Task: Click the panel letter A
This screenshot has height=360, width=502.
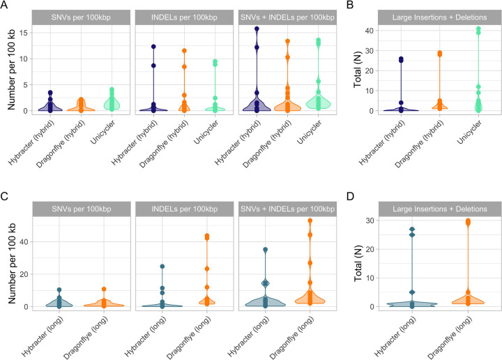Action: [5, 6]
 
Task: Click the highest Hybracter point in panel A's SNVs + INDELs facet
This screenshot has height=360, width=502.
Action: [257, 29]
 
